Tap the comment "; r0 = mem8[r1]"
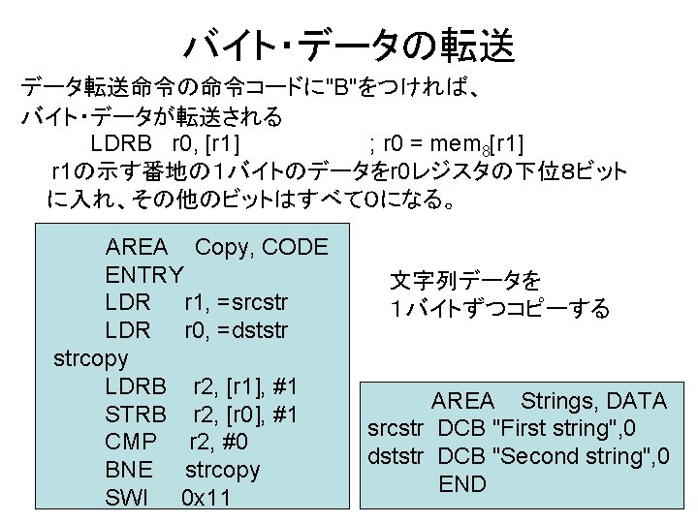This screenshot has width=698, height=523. (x=447, y=145)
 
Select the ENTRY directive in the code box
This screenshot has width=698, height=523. (x=144, y=275)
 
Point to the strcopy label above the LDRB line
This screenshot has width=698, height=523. (x=90, y=358)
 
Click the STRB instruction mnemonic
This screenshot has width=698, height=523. (x=136, y=415)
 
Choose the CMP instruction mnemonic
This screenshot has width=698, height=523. (x=130, y=443)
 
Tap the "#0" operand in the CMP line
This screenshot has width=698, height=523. (x=234, y=443)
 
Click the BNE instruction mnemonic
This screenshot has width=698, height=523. (x=129, y=471)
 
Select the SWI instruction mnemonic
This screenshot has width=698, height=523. (x=127, y=499)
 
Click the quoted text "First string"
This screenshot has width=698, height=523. (x=545, y=428)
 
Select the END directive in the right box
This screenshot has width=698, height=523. (x=462, y=484)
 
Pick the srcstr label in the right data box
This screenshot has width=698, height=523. (x=397, y=428)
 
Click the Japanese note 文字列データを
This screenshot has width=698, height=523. (x=466, y=282)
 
